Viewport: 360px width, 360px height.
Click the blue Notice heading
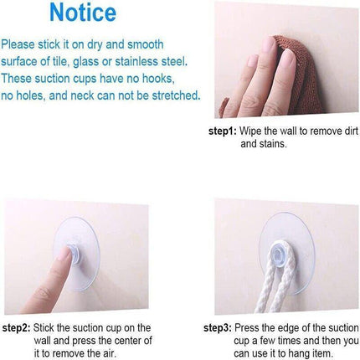pyautogui.click(x=83, y=13)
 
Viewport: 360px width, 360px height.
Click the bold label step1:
pyautogui.click(x=223, y=131)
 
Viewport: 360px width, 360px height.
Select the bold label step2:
pyautogui.click(x=16, y=328)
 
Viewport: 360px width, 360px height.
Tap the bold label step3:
pyautogui.click(x=218, y=328)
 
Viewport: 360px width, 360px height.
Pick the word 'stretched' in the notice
pyautogui.click(x=176, y=95)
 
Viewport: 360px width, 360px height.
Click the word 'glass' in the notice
pyautogui.click(x=85, y=62)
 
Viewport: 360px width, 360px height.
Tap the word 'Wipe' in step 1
pyautogui.click(x=250, y=131)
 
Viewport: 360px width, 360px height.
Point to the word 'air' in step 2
pyautogui.click(x=110, y=353)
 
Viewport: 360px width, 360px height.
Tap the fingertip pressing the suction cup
pyautogui.click(x=64, y=254)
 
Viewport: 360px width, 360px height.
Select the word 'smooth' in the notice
pyautogui.click(x=146, y=44)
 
